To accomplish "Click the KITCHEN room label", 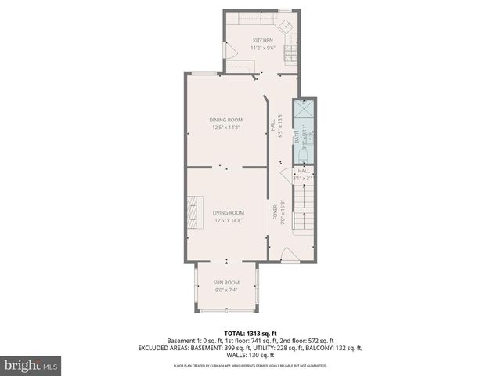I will (262, 40).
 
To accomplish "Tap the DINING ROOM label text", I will (225, 120).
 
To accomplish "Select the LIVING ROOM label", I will (229, 212).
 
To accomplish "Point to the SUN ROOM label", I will (226, 282).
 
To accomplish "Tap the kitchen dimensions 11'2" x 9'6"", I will (262, 48).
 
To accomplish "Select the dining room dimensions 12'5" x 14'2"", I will (225, 128).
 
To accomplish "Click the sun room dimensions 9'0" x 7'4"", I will (226, 290).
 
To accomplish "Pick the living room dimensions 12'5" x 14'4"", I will (229, 220).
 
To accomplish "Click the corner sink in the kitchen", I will (287, 24).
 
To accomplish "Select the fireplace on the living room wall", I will (191, 210).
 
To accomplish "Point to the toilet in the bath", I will (302, 152).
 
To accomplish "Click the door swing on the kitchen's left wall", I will (232, 50).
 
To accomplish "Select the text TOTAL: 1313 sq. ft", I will (250, 333).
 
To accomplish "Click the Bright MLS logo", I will (31, 365).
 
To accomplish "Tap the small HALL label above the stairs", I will (304, 171).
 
